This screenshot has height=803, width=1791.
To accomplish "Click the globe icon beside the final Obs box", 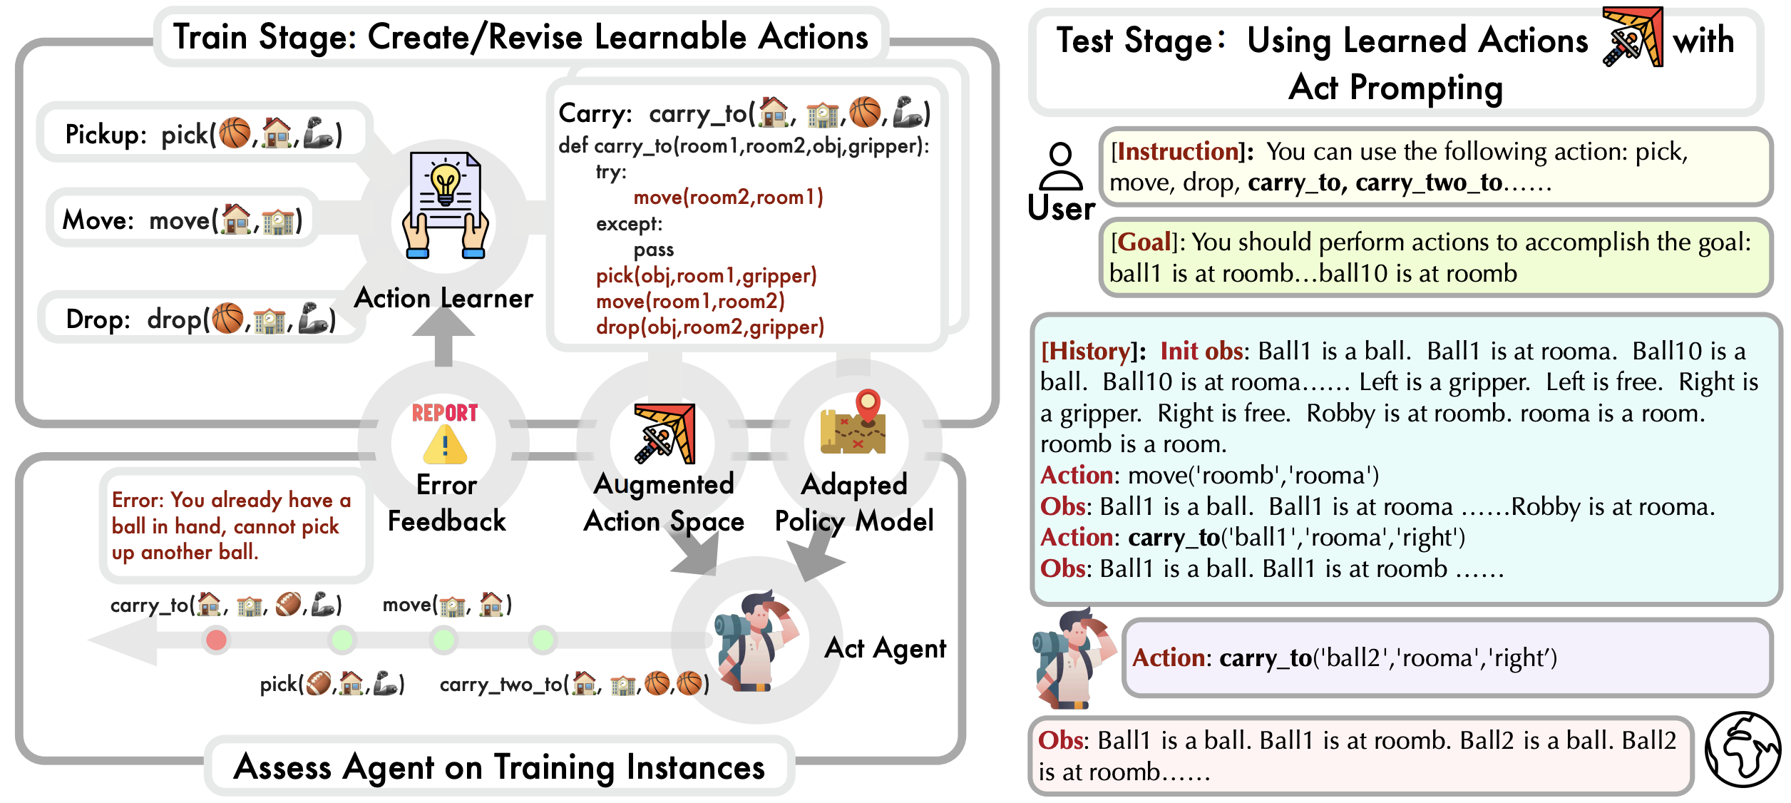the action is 1742,750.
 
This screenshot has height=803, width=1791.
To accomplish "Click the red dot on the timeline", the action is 217,640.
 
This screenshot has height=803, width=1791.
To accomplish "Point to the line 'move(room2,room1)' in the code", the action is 728,197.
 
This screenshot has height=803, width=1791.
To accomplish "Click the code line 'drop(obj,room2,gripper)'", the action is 710,327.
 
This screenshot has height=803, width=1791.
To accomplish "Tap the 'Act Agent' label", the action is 885,648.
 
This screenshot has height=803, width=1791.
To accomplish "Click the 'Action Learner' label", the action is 443,298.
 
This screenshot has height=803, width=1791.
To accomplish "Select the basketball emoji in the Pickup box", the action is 235,133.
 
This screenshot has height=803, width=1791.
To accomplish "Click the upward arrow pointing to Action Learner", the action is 443,335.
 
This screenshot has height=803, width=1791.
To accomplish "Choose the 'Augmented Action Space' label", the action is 664,503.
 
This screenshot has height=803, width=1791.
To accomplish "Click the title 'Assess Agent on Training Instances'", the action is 499,767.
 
